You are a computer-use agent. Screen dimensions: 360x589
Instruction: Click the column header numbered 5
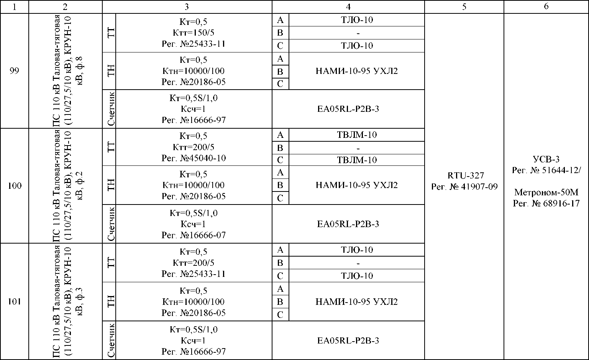pos(464,7)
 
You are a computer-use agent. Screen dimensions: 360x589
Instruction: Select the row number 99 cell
pos(14,71)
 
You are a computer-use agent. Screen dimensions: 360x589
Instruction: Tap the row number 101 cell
pos(14,301)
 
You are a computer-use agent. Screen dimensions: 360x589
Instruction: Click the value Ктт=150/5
pos(194,33)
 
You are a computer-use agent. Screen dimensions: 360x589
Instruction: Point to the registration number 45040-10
pos(194,158)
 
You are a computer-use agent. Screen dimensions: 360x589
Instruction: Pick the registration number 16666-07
pos(194,235)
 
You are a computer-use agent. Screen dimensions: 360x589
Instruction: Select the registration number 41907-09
pos(464,187)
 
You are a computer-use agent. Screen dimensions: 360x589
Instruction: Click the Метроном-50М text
pos(546,192)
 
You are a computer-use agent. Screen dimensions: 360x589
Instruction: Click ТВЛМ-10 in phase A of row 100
pos(357,135)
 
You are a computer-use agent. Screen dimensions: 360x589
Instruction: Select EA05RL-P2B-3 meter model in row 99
pos(348,109)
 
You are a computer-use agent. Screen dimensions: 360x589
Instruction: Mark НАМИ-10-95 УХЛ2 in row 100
pos(356,185)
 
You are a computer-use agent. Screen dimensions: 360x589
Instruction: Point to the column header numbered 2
pos(65,7)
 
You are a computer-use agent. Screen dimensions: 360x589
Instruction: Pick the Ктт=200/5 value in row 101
pos(194,263)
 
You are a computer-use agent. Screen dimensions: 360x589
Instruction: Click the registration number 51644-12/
pos(546,170)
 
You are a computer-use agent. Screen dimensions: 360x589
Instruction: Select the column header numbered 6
pos(546,7)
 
